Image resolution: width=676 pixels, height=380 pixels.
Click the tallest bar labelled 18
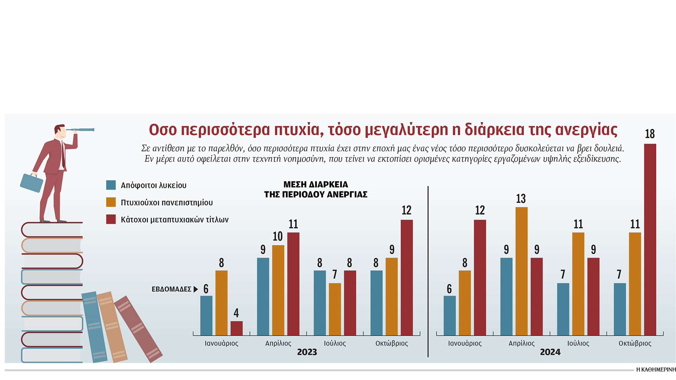click(650, 239)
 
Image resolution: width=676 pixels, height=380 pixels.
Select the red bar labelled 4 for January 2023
click(236, 328)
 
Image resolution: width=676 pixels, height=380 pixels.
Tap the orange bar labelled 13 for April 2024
click(521, 271)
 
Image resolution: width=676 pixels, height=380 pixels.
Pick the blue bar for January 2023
click(206, 315)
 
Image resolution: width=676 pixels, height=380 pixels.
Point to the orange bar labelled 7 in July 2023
click(335, 309)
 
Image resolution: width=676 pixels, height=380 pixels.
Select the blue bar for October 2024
click(620, 309)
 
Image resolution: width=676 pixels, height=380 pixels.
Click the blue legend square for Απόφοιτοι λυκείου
click(111, 185)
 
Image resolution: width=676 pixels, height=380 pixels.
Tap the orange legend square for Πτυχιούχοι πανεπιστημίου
click(111, 202)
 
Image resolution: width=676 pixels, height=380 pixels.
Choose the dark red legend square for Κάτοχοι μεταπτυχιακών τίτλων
click(111, 220)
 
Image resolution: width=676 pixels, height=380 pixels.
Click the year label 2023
click(307, 352)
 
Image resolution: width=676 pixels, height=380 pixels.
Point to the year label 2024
click(550, 352)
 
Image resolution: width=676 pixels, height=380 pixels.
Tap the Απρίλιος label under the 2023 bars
click(278, 343)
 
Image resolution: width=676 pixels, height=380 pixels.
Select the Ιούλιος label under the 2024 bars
click(578, 343)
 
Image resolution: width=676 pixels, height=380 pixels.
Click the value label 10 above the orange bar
click(278, 236)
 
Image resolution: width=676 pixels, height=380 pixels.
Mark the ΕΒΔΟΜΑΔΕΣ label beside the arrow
click(171, 289)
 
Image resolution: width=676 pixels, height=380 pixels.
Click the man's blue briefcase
click(31, 183)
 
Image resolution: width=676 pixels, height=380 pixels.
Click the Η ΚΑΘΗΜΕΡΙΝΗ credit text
click(656, 369)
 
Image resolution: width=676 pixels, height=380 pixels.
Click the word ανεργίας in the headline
click(586, 130)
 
